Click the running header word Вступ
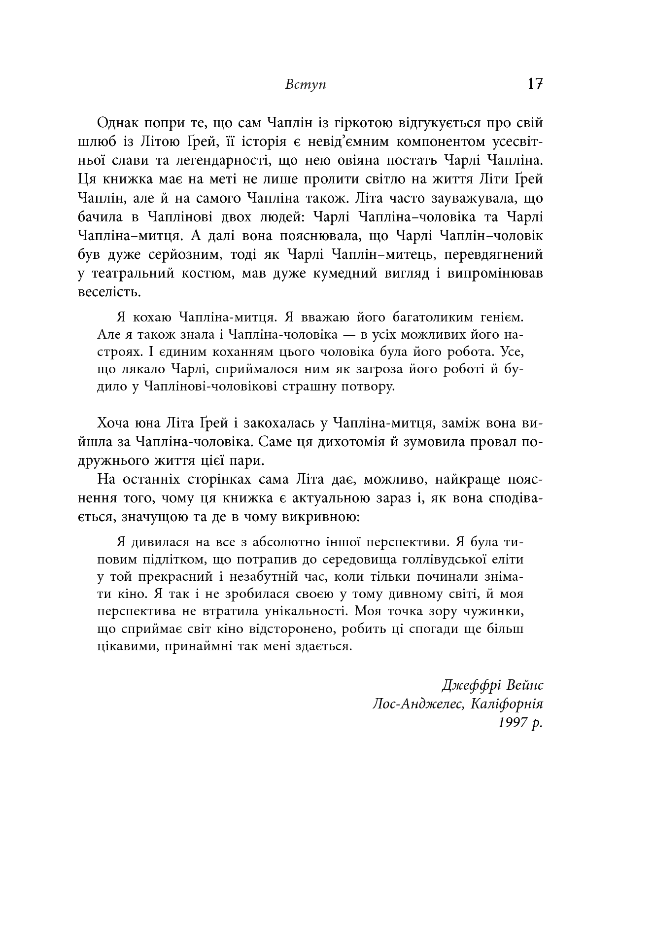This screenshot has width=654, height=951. pos(306,84)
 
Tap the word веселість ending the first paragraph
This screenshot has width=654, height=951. pos(102,292)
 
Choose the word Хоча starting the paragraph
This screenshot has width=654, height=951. pos(114,423)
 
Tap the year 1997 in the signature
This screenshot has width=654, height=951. pos(513,722)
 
